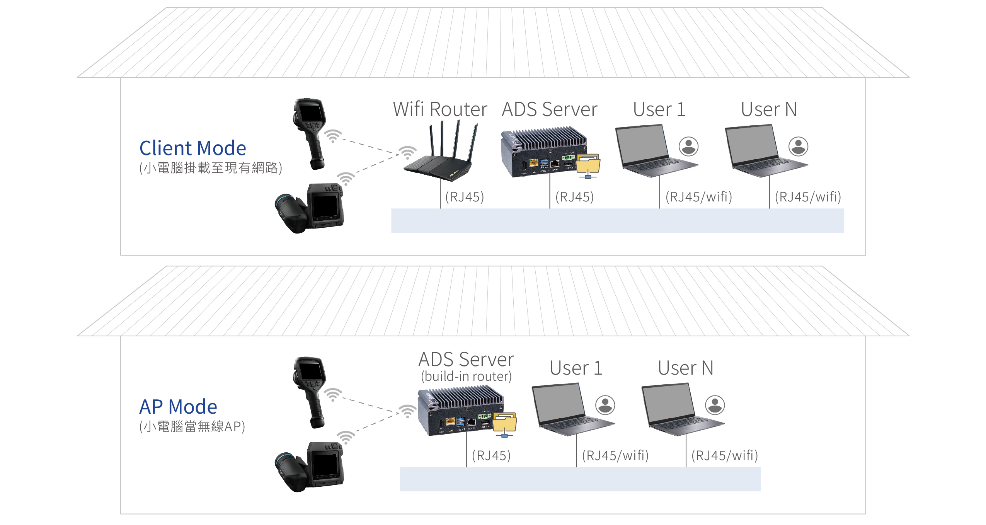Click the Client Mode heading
tap(192, 148)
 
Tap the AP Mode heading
tap(178, 407)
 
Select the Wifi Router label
tap(440, 109)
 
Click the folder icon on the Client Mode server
tap(588, 164)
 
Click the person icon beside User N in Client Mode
tap(798, 147)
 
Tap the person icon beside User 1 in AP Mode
tap(605, 405)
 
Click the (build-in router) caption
tap(466, 376)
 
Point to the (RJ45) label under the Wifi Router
tap(465, 197)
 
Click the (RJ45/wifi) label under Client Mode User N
tap(808, 197)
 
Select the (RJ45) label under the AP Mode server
tap(491, 455)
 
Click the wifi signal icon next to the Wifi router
tap(407, 152)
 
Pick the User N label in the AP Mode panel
tap(685, 368)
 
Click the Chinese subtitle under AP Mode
tap(192, 426)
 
